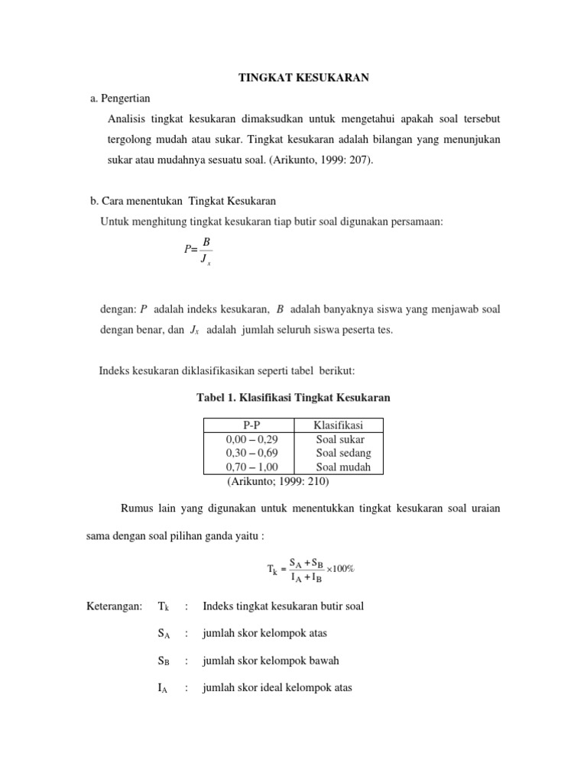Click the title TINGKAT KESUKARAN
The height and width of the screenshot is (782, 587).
pyautogui.click(x=294, y=79)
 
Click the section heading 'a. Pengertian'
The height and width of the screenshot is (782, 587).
pyautogui.click(x=121, y=99)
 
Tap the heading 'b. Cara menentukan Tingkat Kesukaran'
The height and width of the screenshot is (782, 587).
pyautogui.click(x=183, y=201)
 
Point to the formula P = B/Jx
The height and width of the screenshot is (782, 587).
pyautogui.click(x=198, y=250)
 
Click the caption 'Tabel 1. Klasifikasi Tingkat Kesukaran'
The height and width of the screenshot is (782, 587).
pyautogui.click(x=293, y=398)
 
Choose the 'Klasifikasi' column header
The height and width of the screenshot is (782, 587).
pyautogui.click(x=338, y=425)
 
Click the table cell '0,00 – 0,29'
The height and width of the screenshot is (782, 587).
pyautogui.click(x=251, y=439)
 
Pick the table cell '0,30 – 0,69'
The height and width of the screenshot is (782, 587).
pyautogui.click(x=251, y=453)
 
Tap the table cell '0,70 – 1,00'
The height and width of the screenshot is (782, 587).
pyautogui.click(x=251, y=467)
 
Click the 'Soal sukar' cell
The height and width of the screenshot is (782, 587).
pyautogui.click(x=340, y=439)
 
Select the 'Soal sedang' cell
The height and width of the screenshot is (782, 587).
pyautogui.click(x=343, y=453)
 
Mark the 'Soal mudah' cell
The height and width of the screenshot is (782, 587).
pyautogui.click(x=343, y=467)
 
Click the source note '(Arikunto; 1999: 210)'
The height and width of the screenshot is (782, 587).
pyautogui.click(x=277, y=482)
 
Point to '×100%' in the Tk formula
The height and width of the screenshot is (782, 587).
pyautogui.click(x=340, y=569)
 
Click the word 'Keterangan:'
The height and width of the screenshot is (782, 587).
pyautogui.click(x=114, y=606)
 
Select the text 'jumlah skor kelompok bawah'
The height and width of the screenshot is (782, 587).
pyautogui.click(x=271, y=661)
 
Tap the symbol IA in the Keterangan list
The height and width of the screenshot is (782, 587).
pyautogui.click(x=164, y=688)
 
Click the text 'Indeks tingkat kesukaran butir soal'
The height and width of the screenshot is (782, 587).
pyautogui.click(x=283, y=606)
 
